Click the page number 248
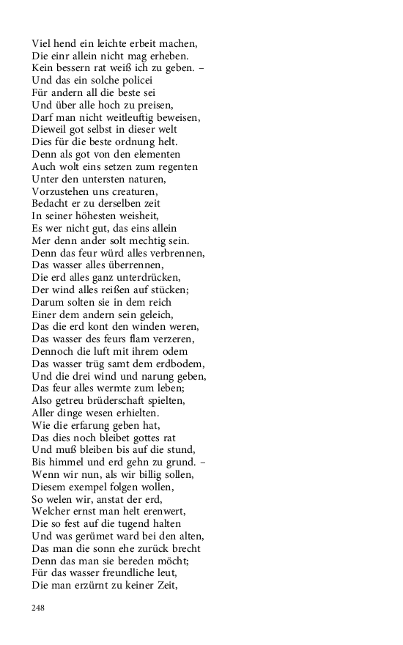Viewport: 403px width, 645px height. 39,607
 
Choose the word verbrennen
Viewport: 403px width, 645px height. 177,252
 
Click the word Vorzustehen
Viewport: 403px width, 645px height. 61,191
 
